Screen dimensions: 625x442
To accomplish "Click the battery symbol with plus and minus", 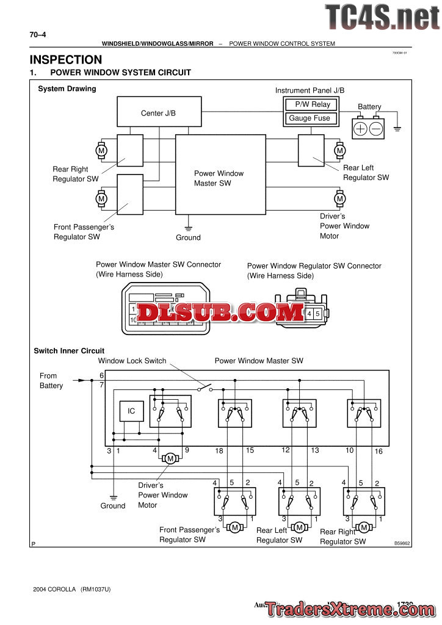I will pyautogui.click(x=368, y=128).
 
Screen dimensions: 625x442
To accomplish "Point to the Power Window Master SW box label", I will pyautogui.click(x=219, y=178).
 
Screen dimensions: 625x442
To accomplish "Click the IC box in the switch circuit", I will pyautogui.click(x=131, y=411).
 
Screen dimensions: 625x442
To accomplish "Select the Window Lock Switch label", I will pyautogui.click(x=132, y=361).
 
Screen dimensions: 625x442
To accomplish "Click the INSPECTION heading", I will pyautogui.click(x=66, y=60).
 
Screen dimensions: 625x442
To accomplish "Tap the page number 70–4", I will pyautogui.click(x=38, y=35).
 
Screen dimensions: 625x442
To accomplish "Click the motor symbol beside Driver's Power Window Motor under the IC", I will pyautogui.click(x=171, y=458).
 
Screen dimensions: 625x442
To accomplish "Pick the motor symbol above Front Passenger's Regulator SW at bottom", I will pyautogui.click(x=234, y=527).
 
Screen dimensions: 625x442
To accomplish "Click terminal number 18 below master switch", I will pyautogui.click(x=219, y=451).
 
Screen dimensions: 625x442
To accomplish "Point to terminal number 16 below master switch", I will pyautogui.click(x=379, y=451).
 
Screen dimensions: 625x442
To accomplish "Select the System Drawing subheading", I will pyautogui.click(x=67, y=89).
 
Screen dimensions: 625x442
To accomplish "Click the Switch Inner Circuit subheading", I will pyautogui.click(x=69, y=351).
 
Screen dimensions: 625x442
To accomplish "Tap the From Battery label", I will pyautogui.click(x=51, y=381).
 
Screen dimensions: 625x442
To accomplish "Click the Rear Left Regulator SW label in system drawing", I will pyautogui.click(x=366, y=173).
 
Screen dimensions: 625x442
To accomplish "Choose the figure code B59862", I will pyautogui.click(x=402, y=543).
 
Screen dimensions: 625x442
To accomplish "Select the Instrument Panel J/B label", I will pyautogui.click(x=310, y=90).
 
